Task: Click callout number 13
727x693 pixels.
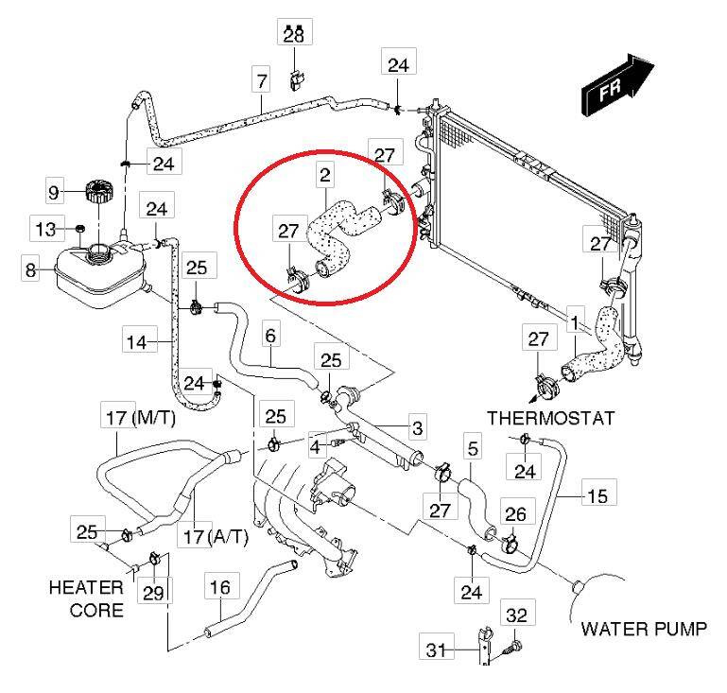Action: [x=44, y=229]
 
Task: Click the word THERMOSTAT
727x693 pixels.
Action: [x=552, y=417]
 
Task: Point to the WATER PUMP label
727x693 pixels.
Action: [x=642, y=628]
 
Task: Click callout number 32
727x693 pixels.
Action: [x=516, y=615]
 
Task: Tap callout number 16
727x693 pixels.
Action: [x=218, y=588]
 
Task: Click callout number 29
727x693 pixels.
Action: [x=153, y=593]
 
